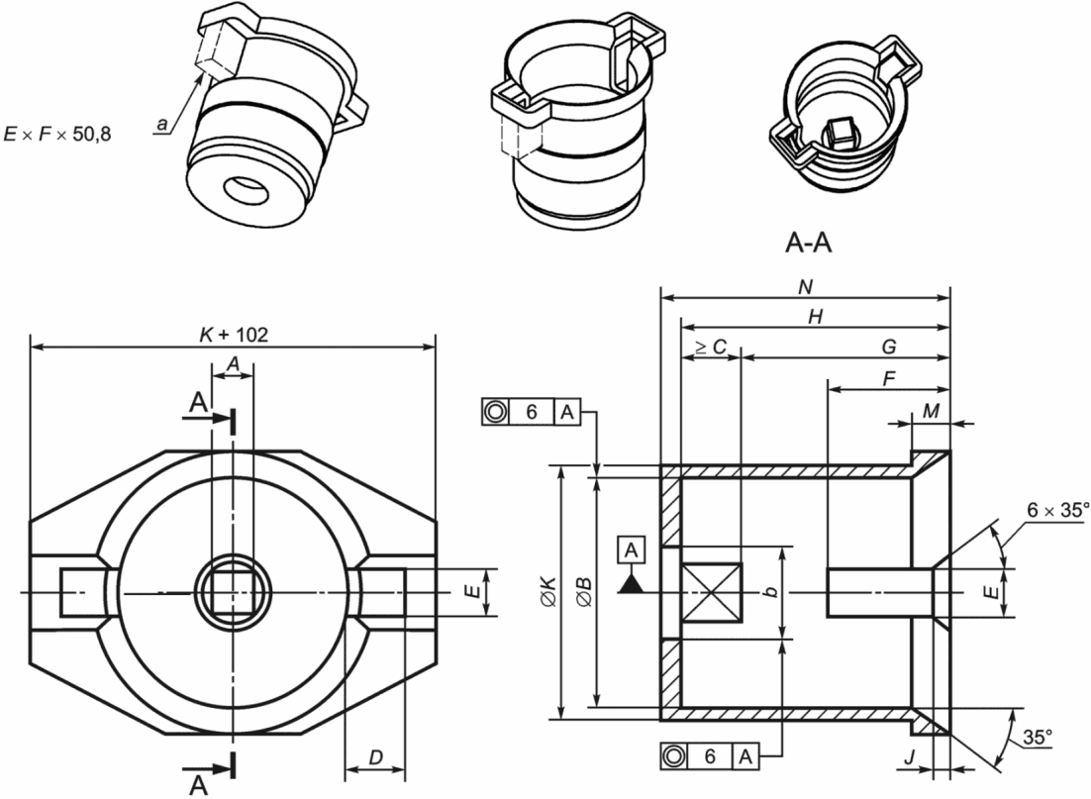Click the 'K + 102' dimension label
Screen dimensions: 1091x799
[x=233, y=335]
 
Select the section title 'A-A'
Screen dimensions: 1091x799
[x=808, y=243]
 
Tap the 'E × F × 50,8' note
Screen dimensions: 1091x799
[x=57, y=134]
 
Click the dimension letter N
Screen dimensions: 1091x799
[x=806, y=287]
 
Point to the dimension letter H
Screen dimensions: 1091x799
[x=816, y=318]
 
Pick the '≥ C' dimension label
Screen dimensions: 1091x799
[x=711, y=347]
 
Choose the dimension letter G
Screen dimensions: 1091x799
[x=888, y=347]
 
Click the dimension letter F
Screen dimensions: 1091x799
[x=888, y=379]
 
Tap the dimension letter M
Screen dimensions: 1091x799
[x=931, y=411]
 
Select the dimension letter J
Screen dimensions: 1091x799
[x=910, y=757]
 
